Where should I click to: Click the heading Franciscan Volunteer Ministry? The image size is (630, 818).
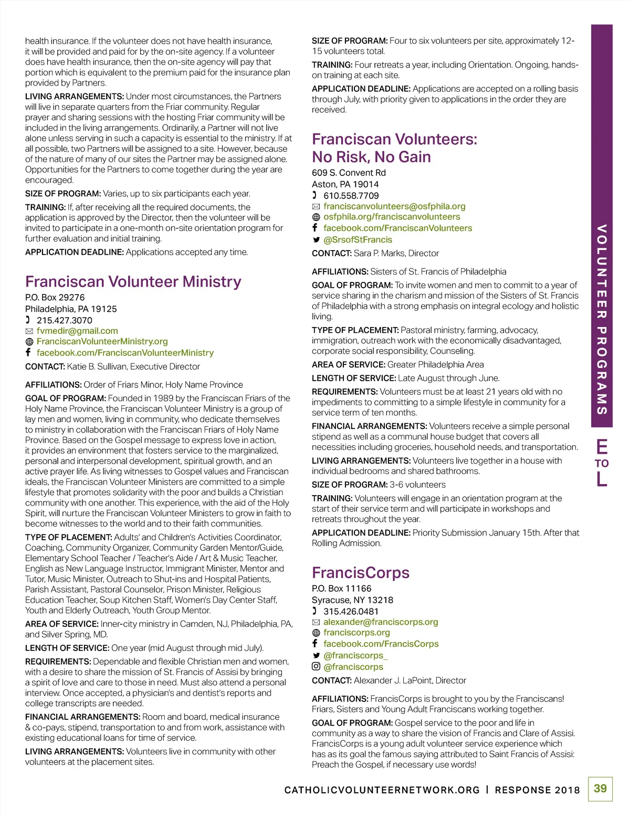(x=133, y=282)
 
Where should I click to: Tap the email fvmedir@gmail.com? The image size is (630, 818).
(x=77, y=331)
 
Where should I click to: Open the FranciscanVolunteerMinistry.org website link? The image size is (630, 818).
(x=102, y=341)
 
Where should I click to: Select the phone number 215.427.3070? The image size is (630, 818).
(x=64, y=320)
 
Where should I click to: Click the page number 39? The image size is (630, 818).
(x=600, y=789)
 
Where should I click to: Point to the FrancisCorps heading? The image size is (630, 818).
(x=360, y=573)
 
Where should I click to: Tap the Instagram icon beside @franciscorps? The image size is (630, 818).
(x=316, y=666)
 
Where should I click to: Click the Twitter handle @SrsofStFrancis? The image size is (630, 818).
(x=358, y=239)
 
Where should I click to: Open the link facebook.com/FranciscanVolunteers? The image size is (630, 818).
(x=397, y=228)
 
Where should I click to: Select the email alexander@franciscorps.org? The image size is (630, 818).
(x=381, y=622)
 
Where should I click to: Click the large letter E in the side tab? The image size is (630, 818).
(x=602, y=447)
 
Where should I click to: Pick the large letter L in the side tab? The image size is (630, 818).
(x=602, y=479)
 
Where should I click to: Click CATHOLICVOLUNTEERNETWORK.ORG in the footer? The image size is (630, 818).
(x=382, y=790)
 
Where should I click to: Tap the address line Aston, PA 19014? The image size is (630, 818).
(x=345, y=184)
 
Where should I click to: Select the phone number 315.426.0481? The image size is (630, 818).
(x=351, y=611)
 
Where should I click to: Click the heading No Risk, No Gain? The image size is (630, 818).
(x=371, y=157)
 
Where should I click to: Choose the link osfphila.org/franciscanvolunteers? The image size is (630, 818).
(x=391, y=217)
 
